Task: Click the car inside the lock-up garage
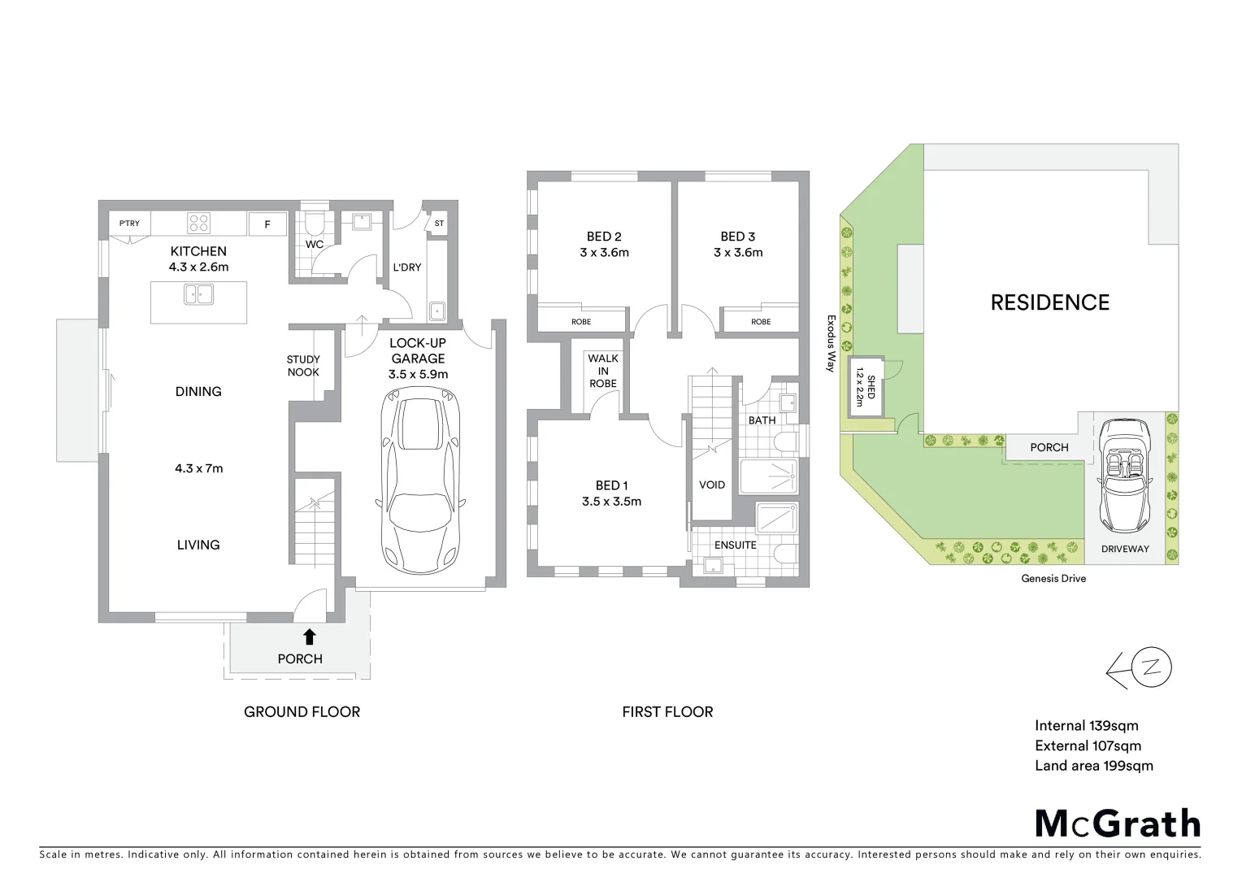coord(418,480)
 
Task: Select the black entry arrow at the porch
coord(309,637)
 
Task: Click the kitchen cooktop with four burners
coord(200,223)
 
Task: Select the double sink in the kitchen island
coord(198,293)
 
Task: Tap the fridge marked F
coord(267,224)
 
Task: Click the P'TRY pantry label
coord(129,224)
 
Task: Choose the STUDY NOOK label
coord(303,366)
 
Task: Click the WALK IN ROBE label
coord(603,371)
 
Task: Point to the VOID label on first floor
coord(712,485)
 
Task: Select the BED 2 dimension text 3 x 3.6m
coord(604,253)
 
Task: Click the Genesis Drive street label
coord(1053,579)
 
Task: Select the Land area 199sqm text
coord(1093,766)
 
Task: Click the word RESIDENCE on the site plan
coord(1049,303)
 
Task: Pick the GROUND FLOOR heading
coord(302,712)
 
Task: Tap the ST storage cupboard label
coord(439,224)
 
